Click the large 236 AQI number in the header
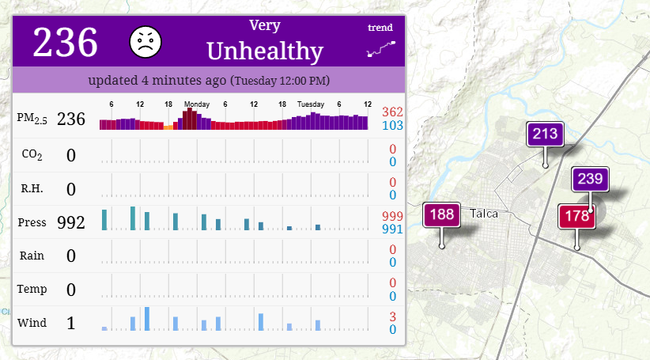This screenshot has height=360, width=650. click(65, 42)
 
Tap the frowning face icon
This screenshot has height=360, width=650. click(145, 42)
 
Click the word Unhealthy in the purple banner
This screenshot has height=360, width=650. click(265, 51)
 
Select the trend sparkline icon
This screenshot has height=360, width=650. click(381, 48)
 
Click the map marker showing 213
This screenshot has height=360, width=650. click(545, 134)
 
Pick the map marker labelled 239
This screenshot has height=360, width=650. click(590, 179)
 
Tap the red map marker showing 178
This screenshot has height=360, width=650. click(576, 216)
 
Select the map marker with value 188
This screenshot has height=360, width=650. click(441, 214)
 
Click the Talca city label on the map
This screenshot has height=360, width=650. click(484, 214)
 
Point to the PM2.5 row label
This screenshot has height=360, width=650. click(32, 119)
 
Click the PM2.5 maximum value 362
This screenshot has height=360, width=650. click(392, 112)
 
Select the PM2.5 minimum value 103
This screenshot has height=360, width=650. click(392, 125)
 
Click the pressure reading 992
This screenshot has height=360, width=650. click(71, 222)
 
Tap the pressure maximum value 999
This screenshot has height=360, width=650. click(392, 216)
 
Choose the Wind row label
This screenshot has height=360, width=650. click(32, 323)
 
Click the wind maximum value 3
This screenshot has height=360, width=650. click(392, 316)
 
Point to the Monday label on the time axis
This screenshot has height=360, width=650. click(197, 104)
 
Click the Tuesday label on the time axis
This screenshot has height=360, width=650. click(311, 104)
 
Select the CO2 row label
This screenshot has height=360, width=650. click(32, 155)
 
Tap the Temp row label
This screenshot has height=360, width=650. click(32, 289)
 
